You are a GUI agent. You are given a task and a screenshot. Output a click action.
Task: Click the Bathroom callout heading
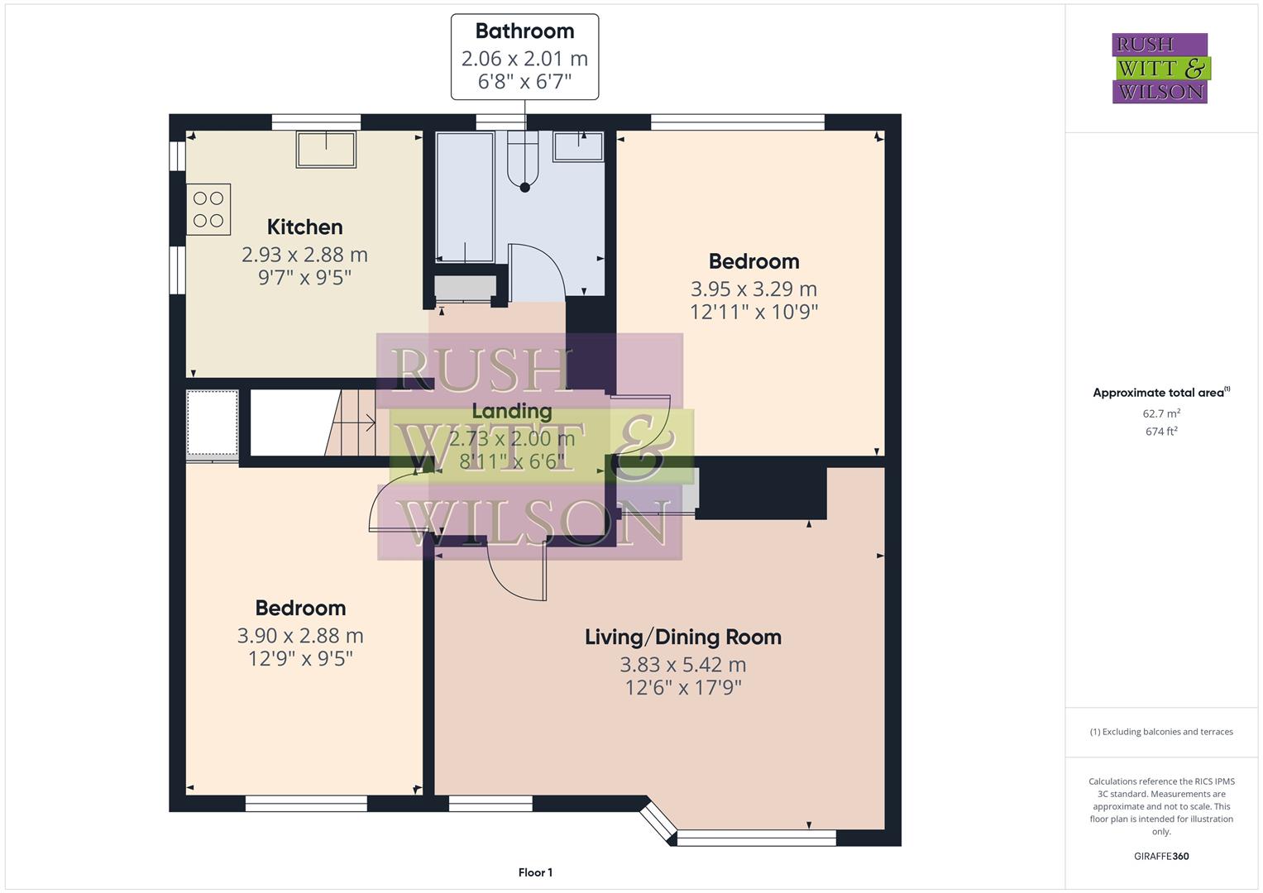(524, 31)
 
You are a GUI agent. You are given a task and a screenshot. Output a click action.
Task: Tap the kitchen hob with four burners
(208, 209)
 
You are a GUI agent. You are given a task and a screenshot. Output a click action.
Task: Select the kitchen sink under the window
(326, 150)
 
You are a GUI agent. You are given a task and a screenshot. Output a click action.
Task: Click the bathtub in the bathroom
(464, 196)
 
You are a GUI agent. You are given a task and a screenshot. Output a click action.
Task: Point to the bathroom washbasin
(578, 146)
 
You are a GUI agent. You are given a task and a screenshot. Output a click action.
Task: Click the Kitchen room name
(304, 227)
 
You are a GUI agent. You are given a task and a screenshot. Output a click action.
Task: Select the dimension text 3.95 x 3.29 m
(753, 289)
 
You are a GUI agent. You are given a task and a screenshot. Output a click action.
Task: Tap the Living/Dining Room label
(682, 637)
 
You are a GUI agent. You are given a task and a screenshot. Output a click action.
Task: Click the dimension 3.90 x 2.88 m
(300, 635)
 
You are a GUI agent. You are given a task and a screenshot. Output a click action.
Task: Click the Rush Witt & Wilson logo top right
(1160, 69)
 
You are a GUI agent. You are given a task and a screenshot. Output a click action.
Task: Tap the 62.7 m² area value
(1160, 413)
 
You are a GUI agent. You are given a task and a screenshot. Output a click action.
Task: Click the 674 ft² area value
(1160, 431)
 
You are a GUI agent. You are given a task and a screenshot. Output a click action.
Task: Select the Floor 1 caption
(535, 872)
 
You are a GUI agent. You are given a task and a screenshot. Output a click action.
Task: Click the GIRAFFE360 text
(1160, 856)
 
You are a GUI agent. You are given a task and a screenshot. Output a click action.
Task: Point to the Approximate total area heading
(1160, 393)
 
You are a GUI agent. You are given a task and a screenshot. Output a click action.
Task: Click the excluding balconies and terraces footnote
(1160, 732)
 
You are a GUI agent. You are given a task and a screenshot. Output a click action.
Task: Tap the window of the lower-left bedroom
(306, 803)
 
